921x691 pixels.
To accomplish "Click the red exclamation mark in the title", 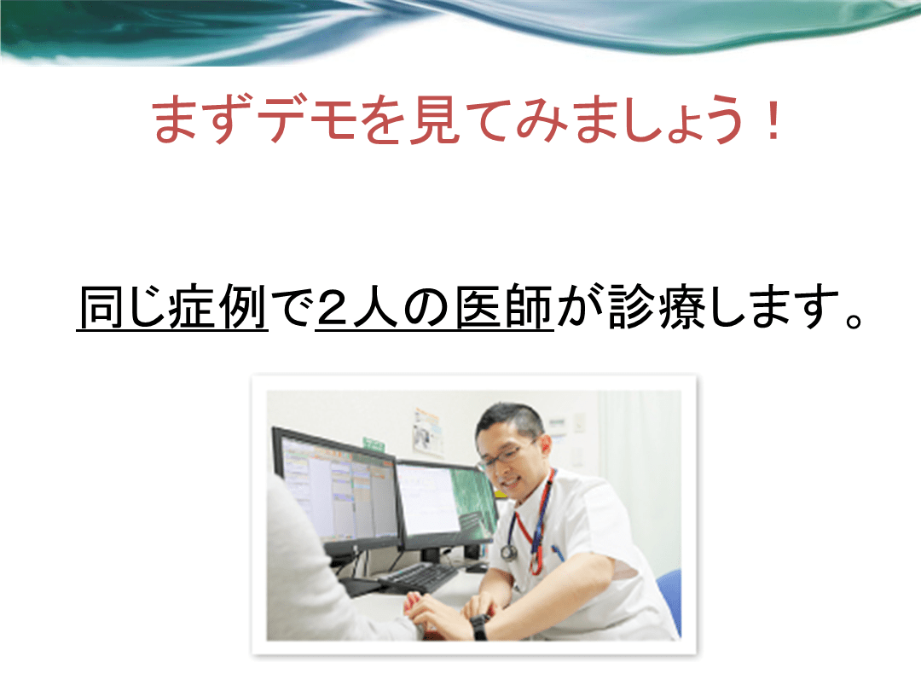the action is [x=774, y=120].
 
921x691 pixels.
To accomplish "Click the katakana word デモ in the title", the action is [x=310, y=120].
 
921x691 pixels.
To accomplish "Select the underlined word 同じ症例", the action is [x=172, y=306].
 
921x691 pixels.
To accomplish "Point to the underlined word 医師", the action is [x=505, y=306].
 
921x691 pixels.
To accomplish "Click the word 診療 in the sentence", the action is [x=656, y=306].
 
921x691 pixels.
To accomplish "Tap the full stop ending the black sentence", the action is [x=854, y=320].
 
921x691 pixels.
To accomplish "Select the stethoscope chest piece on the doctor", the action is [x=508, y=552].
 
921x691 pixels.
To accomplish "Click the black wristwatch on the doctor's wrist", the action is [x=479, y=626].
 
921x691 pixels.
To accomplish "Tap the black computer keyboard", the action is [x=420, y=576].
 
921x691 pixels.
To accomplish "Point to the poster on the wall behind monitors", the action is [x=427, y=432].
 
